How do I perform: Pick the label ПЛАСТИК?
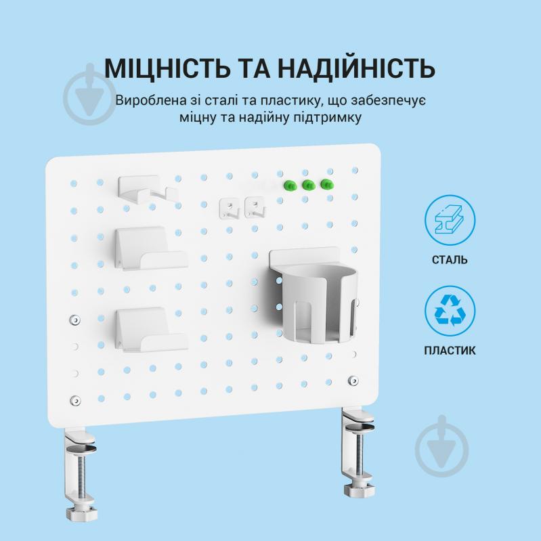click(x=450, y=351)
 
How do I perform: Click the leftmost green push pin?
click(x=289, y=184)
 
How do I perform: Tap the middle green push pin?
click(x=308, y=184)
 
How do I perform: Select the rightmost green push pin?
click(x=328, y=184)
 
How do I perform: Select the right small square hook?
click(x=253, y=207)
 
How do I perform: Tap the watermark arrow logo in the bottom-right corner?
click(x=440, y=443)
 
